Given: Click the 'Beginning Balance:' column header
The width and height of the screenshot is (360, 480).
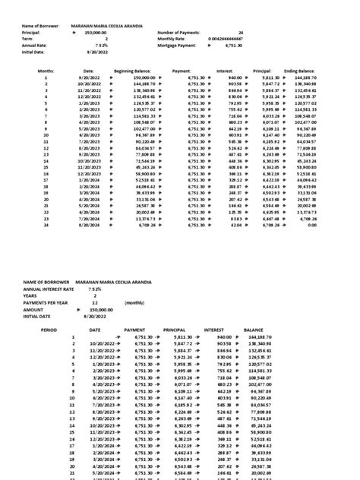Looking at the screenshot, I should (134, 70).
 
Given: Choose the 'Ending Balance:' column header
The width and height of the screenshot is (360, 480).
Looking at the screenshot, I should (301, 70).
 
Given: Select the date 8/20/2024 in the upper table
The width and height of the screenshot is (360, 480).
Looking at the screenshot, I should (89, 226).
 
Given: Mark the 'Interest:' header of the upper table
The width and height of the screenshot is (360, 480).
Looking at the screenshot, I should (224, 70).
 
